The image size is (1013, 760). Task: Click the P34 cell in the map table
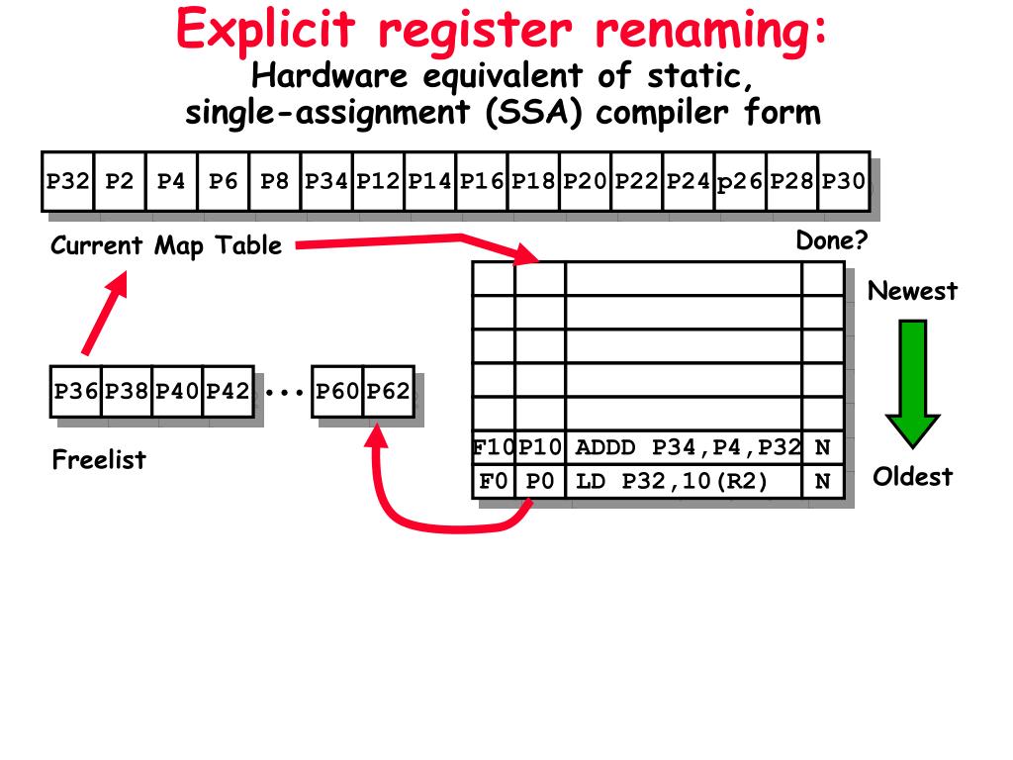(x=326, y=181)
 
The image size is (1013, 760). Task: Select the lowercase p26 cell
(x=740, y=181)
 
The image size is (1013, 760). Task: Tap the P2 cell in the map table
(x=120, y=181)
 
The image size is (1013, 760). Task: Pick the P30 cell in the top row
(x=844, y=181)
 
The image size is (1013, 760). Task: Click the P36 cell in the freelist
(x=76, y=391)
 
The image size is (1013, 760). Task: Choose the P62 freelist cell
(x=388, y=391)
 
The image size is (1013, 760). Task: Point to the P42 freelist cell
(x=228, y=391)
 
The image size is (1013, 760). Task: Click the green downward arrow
(x=912, y=381)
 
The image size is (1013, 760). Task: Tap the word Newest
(x=912, y=291)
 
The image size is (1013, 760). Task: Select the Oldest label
(x=912, y=477)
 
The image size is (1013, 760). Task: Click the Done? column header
(x=831, y=241)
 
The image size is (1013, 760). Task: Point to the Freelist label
(x=99, y=459)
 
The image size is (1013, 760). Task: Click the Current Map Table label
(x=166, y=245)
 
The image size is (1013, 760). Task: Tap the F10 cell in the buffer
(x=494, y=447)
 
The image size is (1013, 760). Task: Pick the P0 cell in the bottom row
(x=540, y=482)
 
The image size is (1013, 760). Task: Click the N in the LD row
(x=822, y=482)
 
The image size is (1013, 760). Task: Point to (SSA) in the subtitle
(x=535, y=112)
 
